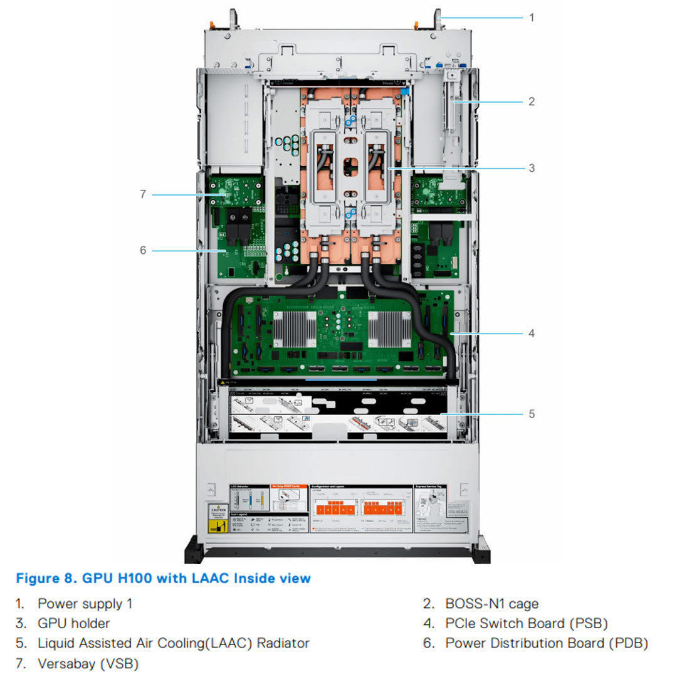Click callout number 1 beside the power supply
click(x=532, y=18)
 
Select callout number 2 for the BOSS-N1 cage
click(x=532, y=101)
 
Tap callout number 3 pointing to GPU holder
click(x=532, y=168)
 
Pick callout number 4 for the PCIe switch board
click(x=532, y=333)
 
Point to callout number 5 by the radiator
click(x=532, y=414)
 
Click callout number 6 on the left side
click(x=143, y=250)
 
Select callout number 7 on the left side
click(x=143, y=194)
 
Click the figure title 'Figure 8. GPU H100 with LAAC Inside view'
click(x=163, y=578)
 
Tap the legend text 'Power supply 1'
click(x=85, y=604)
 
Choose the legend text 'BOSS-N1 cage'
click(x=491, y=604)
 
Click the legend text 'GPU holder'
click(x=73, y=623)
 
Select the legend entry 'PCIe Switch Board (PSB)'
click(x=527, y=623)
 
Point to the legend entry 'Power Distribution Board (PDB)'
click(x=547, y=643)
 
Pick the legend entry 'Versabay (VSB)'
click(x=88, y=663)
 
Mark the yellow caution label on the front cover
click(x=218, y=518)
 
